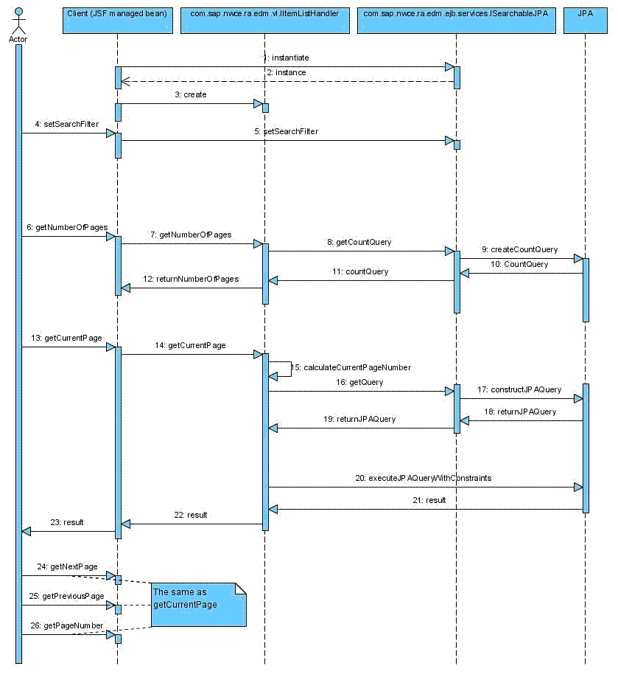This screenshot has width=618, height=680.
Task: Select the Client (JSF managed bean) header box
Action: pyautogui.click(x=117, y=22)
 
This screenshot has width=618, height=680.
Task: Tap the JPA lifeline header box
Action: pyautogui.click(x=585, y=22)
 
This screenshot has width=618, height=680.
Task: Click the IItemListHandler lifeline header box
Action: pyautogui.click(x=264, y=22)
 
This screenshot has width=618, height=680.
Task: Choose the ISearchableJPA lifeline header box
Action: pyautogui.click(x=456, y=22)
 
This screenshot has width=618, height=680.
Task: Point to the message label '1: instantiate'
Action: pyautogui.click(x=286, y=58)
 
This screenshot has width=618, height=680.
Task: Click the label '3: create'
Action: pyautogui.click(x=190, y=94)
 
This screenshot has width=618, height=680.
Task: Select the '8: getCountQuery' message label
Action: pyautogui.click(x=361, y=242)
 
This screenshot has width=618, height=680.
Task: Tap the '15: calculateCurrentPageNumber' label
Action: pyautogui.click(x=351, y=367)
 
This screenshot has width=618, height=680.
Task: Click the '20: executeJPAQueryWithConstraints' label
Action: pyautogui.click(x=423, y=478)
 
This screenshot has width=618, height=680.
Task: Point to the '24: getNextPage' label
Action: pyautogui.click(x=67, y=566)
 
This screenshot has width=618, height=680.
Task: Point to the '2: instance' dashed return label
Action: pyautogui.click(x=286, y=72)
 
